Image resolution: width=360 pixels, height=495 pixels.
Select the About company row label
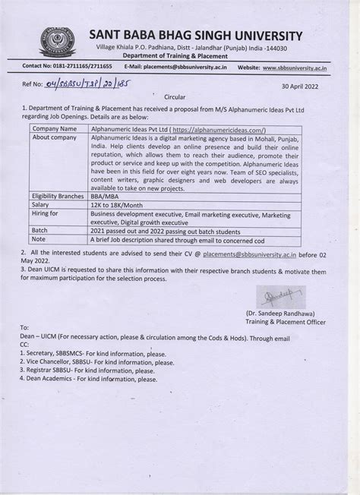pyautogui.click(x=56, y=137)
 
